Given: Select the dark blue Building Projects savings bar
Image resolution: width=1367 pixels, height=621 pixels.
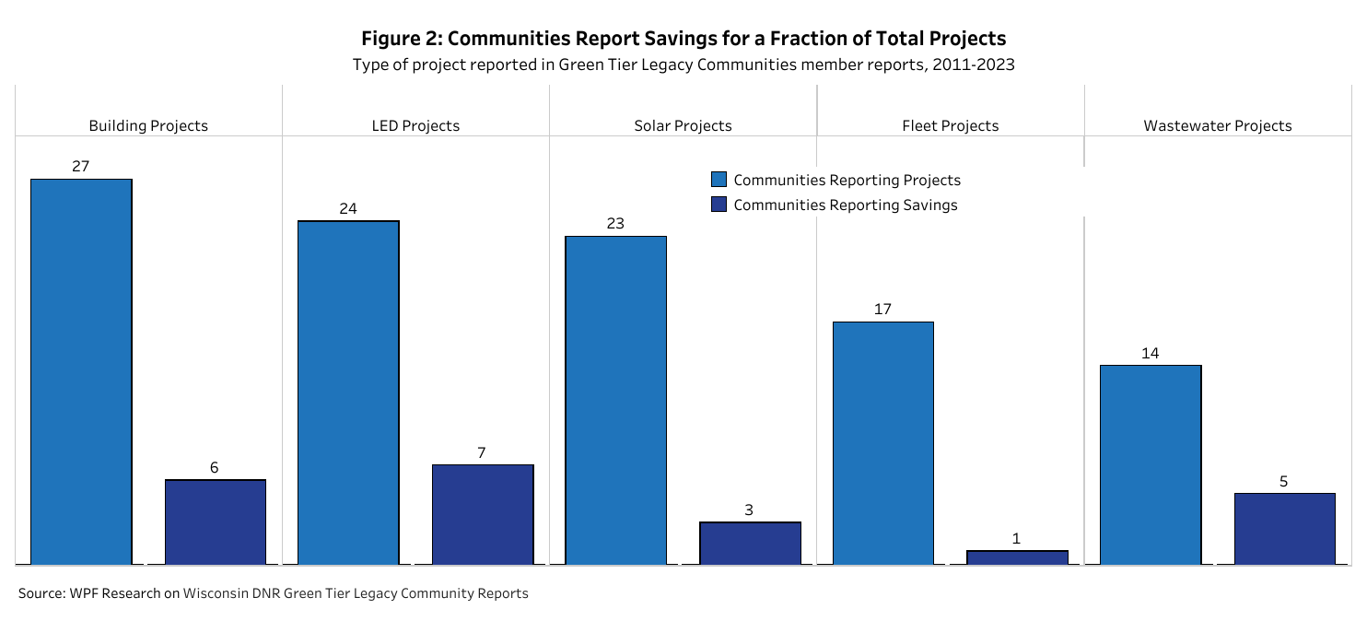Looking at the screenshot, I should (x=215, y=521).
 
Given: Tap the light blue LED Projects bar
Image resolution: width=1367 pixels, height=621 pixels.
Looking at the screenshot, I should (x=348, y=392).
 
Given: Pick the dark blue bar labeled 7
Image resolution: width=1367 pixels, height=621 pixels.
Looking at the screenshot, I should (x=483, y=513).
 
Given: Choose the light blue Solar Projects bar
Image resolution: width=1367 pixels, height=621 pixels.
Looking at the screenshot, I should (x=615, y=399).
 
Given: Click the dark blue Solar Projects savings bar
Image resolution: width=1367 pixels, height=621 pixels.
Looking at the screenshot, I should (x=750, y=542).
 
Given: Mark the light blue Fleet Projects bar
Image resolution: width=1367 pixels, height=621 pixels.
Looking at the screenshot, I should (x=882, y=442).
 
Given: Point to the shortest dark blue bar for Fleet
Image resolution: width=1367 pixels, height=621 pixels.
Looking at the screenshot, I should (x=1017, y=557).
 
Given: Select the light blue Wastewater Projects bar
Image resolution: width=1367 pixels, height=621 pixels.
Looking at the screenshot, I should (x=1151, y=463).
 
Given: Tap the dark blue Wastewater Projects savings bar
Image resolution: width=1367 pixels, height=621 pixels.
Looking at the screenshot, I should (x=1284, y=528).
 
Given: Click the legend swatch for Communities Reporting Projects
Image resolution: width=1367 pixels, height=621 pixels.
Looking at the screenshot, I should (x=719, y=180).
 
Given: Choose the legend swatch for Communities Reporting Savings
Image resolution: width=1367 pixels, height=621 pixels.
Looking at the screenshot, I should (x=719, y=205).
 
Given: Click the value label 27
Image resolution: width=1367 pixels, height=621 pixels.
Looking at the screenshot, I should (x=80, y=166).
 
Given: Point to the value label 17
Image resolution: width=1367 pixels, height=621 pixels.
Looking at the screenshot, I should (x=882, y=309).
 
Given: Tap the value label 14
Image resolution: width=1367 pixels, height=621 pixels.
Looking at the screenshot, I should (x=1150, y=353).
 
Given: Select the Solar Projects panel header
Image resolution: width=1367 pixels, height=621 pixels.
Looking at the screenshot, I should (x=683, y=125).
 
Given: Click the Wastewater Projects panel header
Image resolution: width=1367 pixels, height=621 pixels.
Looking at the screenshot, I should (x=1217, y=125).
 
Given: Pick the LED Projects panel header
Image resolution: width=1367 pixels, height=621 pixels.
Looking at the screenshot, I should (x=415, y=125).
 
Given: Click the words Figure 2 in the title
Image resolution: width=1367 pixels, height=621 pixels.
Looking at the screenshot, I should (x=399, y=39).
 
